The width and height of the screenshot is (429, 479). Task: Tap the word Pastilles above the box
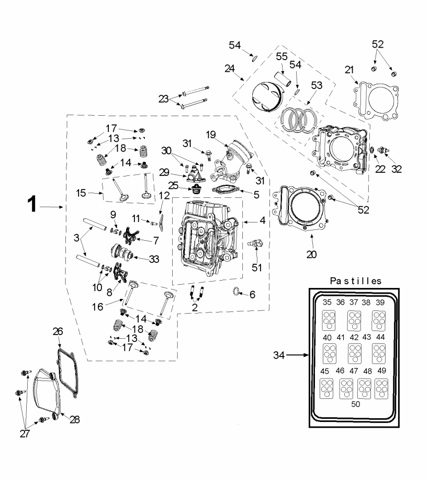tap(356, 281)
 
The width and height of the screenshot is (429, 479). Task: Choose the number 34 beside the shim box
tap(280, 355)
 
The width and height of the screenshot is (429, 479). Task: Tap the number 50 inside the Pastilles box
tap(356, 404)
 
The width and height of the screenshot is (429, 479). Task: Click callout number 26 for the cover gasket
tap(58, 331)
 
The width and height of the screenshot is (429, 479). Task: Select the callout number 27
tap(25, 433)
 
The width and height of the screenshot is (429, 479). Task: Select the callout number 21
tap(349, 70)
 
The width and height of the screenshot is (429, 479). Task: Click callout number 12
tap(164, 196)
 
